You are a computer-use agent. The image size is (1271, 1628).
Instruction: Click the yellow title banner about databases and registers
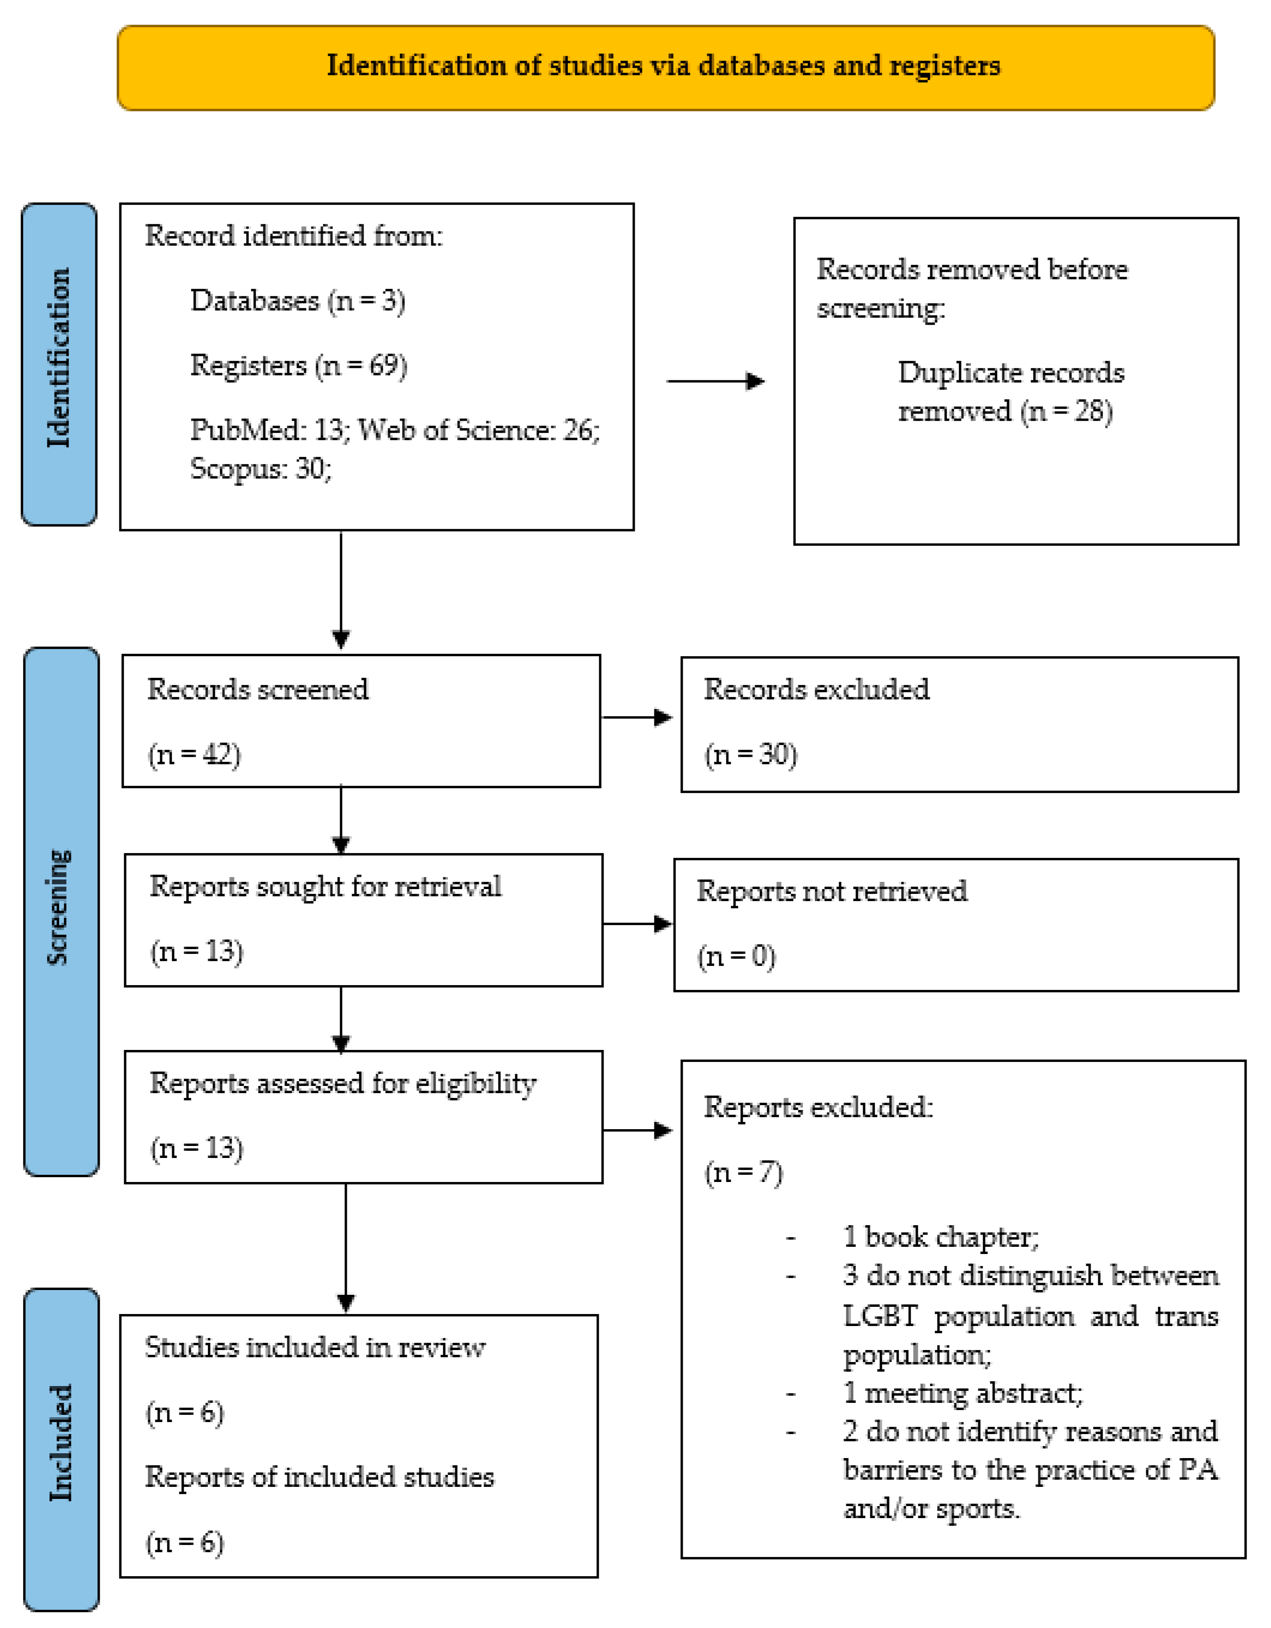click(x=665, y=67)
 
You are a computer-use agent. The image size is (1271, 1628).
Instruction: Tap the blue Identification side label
click(x=59, y=364)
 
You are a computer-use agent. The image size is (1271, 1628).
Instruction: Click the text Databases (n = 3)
click(x=297, y=301)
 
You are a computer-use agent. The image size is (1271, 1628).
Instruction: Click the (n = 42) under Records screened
click(x=194, y=754)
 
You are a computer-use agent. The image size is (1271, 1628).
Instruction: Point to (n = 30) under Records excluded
click(x=750, y=754)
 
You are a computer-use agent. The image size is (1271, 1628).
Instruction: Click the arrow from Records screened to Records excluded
click(x=638, y=717)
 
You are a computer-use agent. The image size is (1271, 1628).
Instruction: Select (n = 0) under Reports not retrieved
click(x=736, y=956)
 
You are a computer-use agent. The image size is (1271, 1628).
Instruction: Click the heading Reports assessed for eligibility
click(x=343, y=1083)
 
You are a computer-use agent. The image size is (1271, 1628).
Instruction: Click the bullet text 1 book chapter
click(x=940, y=1237)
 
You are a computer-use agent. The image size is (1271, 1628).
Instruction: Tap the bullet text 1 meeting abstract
click(x=962, y=1392)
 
